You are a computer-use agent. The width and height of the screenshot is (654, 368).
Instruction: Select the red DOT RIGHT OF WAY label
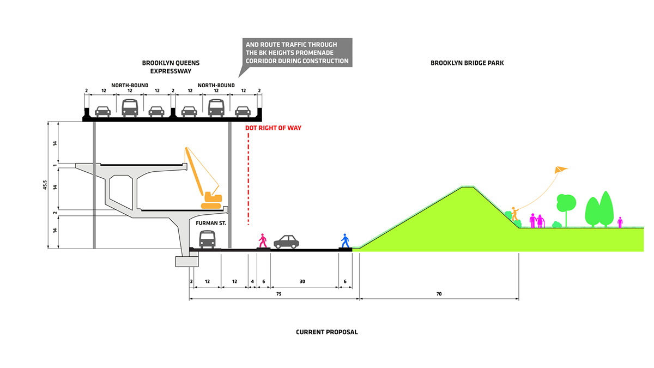(273, 128)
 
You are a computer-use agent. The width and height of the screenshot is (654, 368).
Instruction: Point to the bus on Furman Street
(207, 239)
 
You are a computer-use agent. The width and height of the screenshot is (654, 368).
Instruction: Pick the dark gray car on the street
(286, 242)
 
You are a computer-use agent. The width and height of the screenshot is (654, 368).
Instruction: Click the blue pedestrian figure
(344, 240)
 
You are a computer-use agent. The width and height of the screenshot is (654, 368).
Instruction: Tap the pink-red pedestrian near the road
(263, 240)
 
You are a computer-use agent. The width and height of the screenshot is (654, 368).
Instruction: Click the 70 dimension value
(439, 294)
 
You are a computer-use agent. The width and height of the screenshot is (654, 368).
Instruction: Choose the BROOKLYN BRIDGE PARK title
(467, 63)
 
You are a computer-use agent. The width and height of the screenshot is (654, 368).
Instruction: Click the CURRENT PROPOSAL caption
(327, 332)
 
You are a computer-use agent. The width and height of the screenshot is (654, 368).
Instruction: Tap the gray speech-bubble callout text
(298, 53)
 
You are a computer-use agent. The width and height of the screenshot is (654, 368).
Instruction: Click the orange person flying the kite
(513, 214)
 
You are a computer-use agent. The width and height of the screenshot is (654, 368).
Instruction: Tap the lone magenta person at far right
(620, 222)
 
